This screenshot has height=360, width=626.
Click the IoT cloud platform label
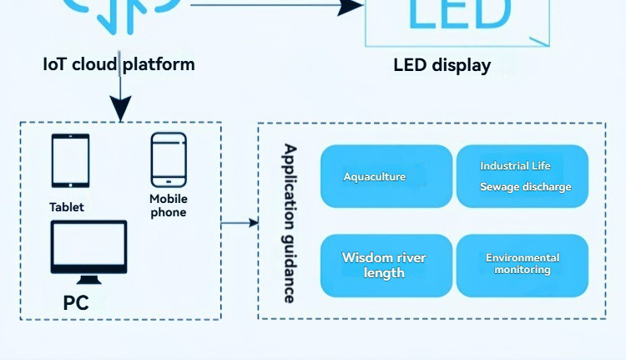click(x=119, y=64)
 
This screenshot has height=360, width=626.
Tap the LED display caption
click(x=442, y=65)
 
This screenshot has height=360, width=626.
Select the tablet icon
click(x=70, y=161)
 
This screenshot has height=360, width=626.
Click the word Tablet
click(x=67, y=207)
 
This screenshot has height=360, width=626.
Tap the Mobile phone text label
click(x=169, y=205)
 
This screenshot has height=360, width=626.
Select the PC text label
click(x=76, y=302)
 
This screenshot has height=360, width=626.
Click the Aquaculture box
click(x=386, y=176)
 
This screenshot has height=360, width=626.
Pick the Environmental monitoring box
click(x=523, y=265)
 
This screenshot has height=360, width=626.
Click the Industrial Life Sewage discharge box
click(x=523, y=176)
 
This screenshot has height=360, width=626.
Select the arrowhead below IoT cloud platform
click(x=121, y=109)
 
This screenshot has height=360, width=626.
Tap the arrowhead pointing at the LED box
click(x=349, y=7)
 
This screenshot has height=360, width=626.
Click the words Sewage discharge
click(x=526, y=187)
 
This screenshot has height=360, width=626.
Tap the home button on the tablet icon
click(x=70, y=184)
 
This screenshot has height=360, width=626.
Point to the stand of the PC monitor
click(x=89, y=279)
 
